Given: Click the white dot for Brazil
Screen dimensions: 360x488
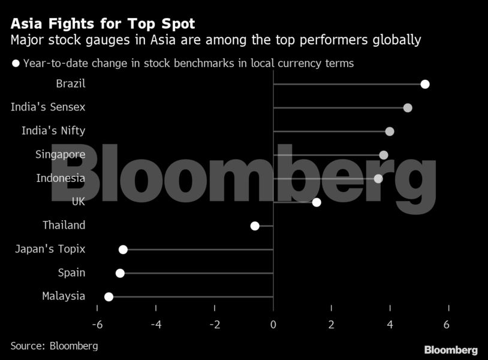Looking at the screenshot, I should pos(425,84).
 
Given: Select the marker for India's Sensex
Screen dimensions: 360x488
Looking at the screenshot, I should pos(408,108).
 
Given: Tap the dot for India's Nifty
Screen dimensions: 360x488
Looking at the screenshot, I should pos(390,131).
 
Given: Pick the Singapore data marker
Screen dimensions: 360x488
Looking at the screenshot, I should pos(384,155).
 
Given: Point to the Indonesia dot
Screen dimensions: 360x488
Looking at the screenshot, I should pos(378,179).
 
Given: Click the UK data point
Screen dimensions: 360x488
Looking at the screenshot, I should pos(317,202).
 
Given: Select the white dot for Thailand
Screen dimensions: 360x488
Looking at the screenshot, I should pos(255,226).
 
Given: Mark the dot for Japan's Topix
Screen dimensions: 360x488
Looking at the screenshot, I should pos(123,250).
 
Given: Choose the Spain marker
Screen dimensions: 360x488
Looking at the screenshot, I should pos(120,273).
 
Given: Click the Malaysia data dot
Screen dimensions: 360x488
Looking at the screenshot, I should pos(109,296).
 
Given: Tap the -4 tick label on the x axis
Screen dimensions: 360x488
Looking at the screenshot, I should pos(155,325).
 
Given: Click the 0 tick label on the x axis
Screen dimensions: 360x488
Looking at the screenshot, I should pos(273,325).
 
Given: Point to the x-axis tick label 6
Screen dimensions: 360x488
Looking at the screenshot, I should pos(447,325).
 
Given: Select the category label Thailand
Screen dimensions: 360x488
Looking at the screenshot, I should pos(64,226).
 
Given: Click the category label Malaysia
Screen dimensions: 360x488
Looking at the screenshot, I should pos(64,296).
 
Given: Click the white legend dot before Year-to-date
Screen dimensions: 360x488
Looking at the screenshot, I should pos(16,63).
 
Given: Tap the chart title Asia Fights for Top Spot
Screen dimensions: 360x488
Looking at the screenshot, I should pos(102,25).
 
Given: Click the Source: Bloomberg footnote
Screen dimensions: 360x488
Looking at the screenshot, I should pos(54,346).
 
